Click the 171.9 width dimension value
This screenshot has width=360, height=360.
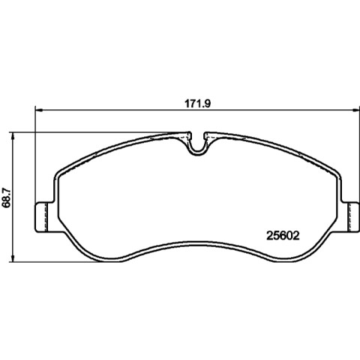point(198,103)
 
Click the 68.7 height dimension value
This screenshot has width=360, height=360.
point(6,197)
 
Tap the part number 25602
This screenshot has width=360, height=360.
point(283,235)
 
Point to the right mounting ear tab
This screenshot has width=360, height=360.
point(350,217)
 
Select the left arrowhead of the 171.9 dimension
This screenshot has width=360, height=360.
point(39,109)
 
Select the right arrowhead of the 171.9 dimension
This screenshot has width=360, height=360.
point(355,109)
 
